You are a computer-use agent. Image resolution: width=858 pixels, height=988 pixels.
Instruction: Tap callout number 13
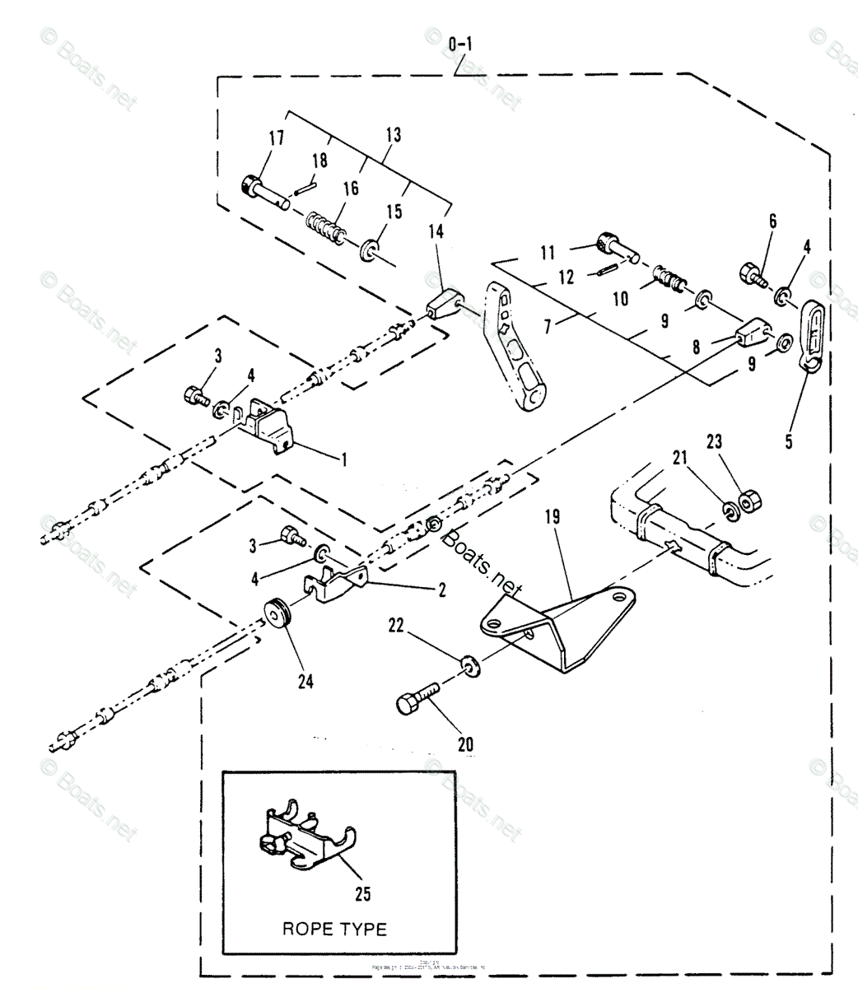point(393,135)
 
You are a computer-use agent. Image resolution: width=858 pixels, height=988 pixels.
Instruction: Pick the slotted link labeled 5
point(809,338)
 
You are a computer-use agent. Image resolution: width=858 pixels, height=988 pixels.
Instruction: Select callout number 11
point(548,253)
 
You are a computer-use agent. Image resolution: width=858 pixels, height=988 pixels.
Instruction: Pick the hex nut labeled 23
point(749,501)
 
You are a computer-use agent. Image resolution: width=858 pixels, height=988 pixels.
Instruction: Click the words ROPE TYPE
point(334,929)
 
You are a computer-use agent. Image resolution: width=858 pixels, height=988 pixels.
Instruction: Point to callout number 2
point(442,590)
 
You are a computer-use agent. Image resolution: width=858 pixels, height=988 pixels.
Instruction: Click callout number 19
point(552,517)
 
